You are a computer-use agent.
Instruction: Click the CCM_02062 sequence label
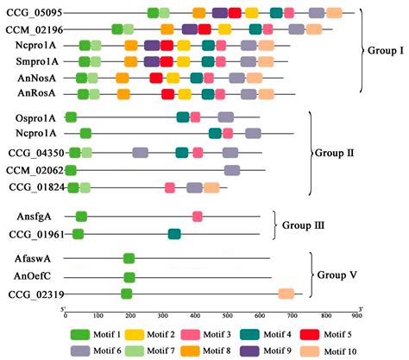[x=32, y=170]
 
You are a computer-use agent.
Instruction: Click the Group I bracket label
[x=381, y=51]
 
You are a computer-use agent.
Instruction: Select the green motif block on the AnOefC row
[x=129, y=277]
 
